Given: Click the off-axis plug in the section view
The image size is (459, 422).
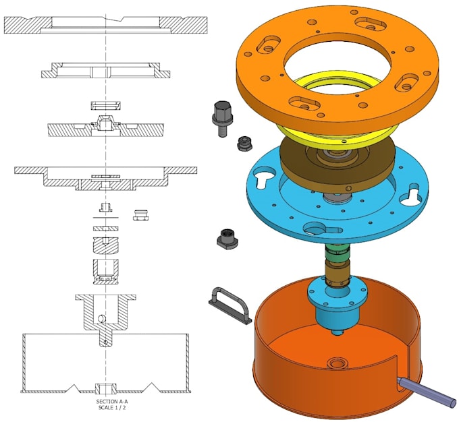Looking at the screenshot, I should click(x=142, y=214).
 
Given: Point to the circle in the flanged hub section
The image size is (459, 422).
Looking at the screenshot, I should click(x=101, y=318).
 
